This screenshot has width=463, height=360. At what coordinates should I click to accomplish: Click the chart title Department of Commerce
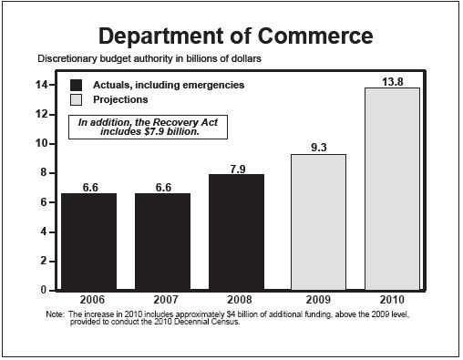pyautogui.click(x=235, y=36)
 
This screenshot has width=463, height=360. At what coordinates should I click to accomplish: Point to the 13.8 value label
pyautogui.click(x=393, y=81)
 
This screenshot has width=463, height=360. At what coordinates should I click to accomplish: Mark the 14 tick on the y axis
pyautogui.click(x=42, y=85)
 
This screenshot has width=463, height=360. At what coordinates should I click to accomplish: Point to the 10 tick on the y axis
pyautogui.click(x=42, y=144)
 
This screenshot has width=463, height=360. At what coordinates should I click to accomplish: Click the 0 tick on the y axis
pyautogui.click(x=45, y=290)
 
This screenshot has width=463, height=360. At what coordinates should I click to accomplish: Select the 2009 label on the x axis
pyautogui.click(x=318, y=300)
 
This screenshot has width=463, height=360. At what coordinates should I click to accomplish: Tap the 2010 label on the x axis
pyautogui.click(x=393, y=300)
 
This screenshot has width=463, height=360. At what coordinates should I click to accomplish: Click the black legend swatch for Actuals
pyautogui.click(x=78, y=85)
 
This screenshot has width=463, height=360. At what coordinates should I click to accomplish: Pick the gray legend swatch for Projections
pyautogui.click(x=78, y=99)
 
